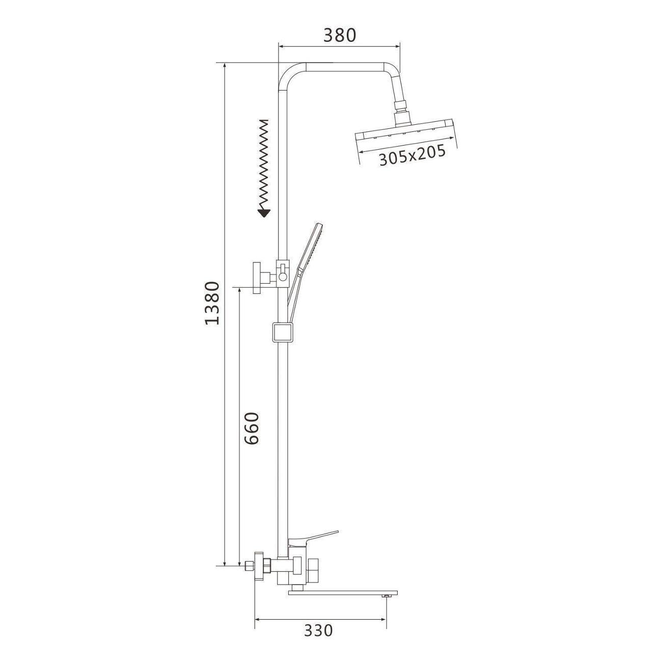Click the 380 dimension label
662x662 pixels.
(x=339, y=35)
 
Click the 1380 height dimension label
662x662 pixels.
(x=212, y=304)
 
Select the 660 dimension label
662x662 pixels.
(x=252, y=429)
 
